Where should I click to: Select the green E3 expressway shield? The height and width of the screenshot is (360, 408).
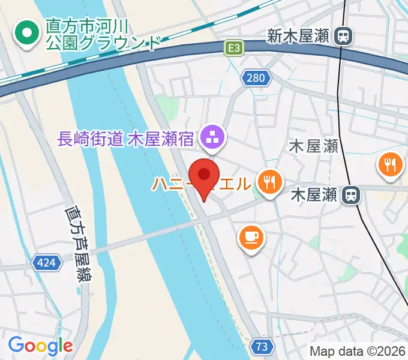coord(235,48)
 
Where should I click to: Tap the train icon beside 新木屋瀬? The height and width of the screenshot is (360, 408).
coord(344,37)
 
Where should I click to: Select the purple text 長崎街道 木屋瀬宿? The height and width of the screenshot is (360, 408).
coord(125,140)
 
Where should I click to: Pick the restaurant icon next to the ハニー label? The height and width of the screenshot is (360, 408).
coord(270,181)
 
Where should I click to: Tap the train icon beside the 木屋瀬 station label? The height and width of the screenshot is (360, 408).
coord(351,194)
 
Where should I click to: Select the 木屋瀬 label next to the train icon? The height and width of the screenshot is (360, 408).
coord(314,195)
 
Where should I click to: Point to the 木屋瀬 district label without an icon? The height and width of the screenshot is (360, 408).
coord(313,146)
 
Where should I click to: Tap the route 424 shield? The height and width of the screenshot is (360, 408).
coord(46,262)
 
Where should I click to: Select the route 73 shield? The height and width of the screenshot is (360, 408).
coord(262,346)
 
